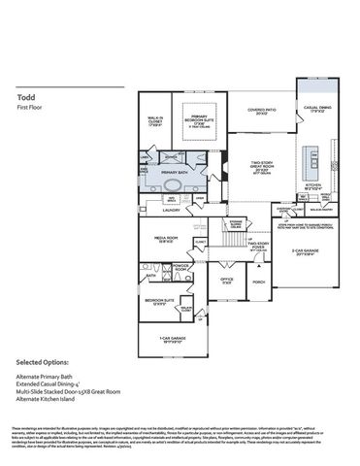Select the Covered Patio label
(257, 112)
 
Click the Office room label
(225, 281)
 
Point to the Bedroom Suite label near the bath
(159, 301)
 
